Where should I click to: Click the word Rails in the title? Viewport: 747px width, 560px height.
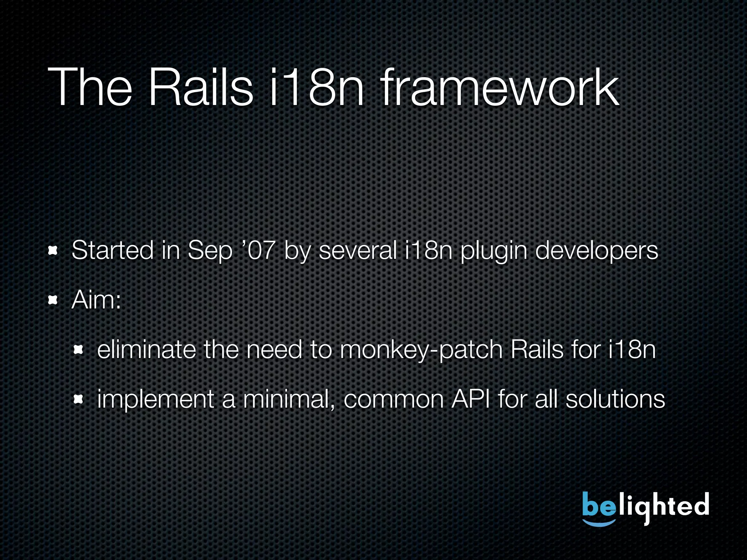click(x=200, y=87)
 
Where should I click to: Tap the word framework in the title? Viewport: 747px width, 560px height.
click(x=500, y=87)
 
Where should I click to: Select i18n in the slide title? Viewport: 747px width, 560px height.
click(x=317, y=87)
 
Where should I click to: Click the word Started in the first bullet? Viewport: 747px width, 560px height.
click(x=112, y=251)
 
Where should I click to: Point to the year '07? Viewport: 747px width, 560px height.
click(x=258, y=251)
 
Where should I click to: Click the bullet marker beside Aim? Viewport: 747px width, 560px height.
click(x=53, y=300)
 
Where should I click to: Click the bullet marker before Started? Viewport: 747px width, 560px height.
click(x=53, y=251)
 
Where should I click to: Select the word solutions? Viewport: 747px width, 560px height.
click(x=615, y=400)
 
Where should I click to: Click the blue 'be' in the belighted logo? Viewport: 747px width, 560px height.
click(x=598, y=505)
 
